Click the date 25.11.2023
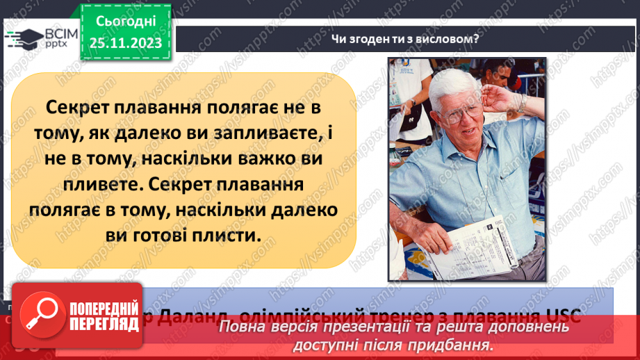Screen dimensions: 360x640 (x=125, y=43)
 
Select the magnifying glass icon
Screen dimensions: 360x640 (x=39, y=316)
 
